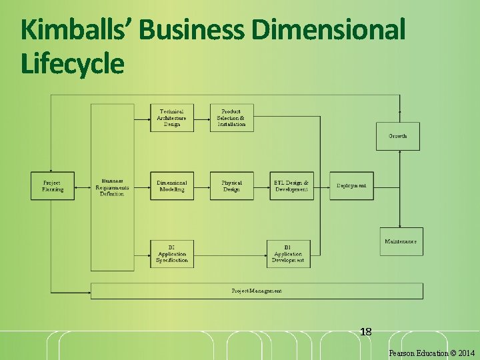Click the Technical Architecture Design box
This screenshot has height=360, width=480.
172,118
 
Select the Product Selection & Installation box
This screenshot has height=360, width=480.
231,118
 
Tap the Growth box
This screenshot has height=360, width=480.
398,136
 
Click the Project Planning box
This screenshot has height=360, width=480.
52,186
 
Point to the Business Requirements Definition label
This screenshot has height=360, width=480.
112,187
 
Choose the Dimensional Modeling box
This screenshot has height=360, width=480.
172,186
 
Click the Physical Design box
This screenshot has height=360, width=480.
231,186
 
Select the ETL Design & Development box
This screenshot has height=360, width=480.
291,186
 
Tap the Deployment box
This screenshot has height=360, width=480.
351,186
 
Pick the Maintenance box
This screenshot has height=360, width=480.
401,241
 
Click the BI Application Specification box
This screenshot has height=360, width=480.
172,254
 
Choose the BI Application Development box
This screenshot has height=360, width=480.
288,254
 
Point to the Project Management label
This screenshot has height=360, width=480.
257,291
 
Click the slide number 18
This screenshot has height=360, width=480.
365,331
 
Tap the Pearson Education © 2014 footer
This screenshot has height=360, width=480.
431,353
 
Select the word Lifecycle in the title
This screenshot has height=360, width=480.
72,65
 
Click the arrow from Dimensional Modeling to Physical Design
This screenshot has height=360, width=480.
202,186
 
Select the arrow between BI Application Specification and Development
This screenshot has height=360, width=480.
230,254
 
